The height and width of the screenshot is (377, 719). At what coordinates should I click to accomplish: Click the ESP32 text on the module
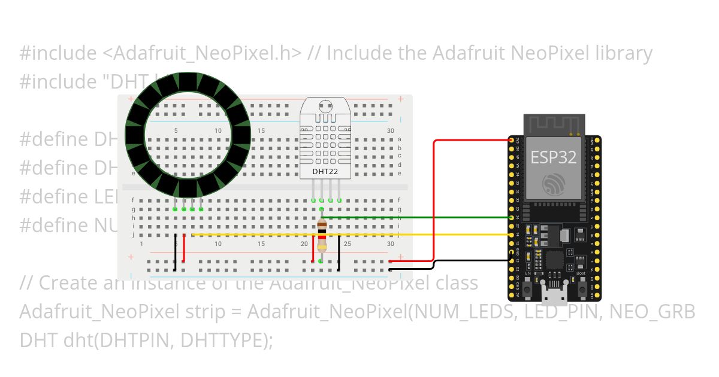point(554,157)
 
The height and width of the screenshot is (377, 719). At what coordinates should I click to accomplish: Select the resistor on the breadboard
point(322,236)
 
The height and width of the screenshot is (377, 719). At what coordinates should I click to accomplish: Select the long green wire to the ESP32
point(419,217)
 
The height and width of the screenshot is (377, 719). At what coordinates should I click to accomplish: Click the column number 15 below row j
point(261,244)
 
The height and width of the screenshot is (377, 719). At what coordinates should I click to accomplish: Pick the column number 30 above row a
point(391,130)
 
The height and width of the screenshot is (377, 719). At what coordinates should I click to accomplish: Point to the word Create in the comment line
point(62,282)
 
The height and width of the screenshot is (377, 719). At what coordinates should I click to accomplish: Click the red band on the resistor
point(322,238)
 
